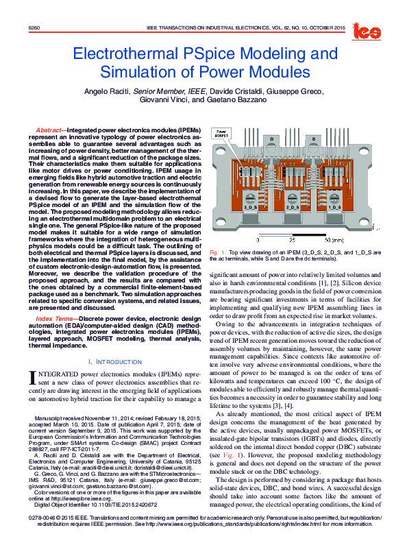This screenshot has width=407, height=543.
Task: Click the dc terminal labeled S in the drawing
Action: click(314, 139)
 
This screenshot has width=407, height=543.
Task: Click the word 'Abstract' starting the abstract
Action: click(48, 130)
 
